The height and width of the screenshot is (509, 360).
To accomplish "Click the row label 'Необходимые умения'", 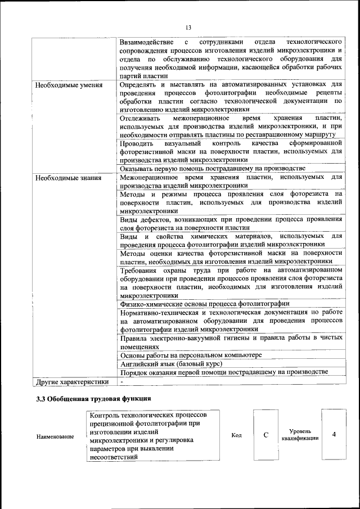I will click(x=69, y=86).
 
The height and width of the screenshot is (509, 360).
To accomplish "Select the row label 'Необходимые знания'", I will click(x=68, y=178).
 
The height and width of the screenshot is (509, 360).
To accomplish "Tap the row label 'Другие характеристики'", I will click(x=72, y=382).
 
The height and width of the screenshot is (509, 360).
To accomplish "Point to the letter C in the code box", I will click(x=266, y=435).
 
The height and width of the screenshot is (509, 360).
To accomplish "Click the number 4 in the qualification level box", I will click(x=334, y=435).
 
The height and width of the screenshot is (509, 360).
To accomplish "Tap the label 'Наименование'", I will click(x=55, y=436).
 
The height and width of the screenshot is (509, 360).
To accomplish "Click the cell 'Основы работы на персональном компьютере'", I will click(x=191, y=355).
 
